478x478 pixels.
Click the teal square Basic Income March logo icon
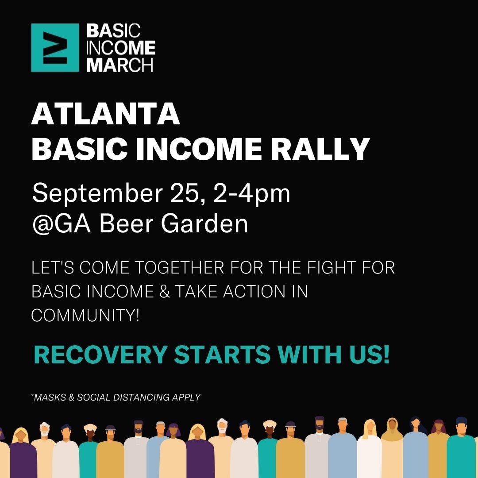[x=55, y=47]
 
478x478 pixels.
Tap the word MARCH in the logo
[x=119, y=65]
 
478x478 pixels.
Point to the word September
[x=97, y=193]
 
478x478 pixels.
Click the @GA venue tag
[x=61, y=224]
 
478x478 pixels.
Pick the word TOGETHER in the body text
[x=179, y=267]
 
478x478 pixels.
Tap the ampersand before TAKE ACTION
[x=164, y=291]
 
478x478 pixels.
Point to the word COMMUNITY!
[x=85, y=315]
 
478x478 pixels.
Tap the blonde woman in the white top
[x=369, y=448]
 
